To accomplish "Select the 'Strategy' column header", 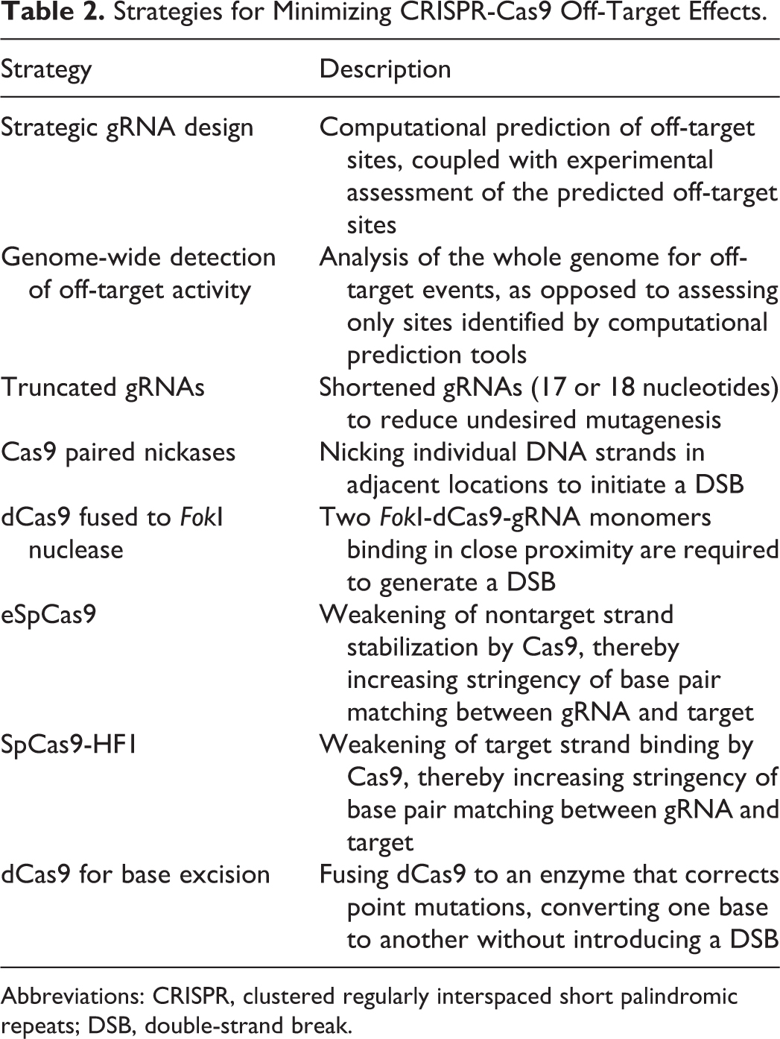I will (46, 69).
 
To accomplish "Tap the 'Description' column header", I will (385, 69).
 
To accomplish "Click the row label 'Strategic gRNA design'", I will (127, 128).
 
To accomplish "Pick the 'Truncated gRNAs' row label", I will (103, 388).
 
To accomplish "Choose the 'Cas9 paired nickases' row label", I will (118, 452).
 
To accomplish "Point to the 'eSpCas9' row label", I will (48, 615).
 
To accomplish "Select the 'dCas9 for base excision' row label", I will (136, 874).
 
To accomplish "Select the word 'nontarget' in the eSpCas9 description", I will (544, 615).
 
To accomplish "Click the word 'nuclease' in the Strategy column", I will (76, 550).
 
